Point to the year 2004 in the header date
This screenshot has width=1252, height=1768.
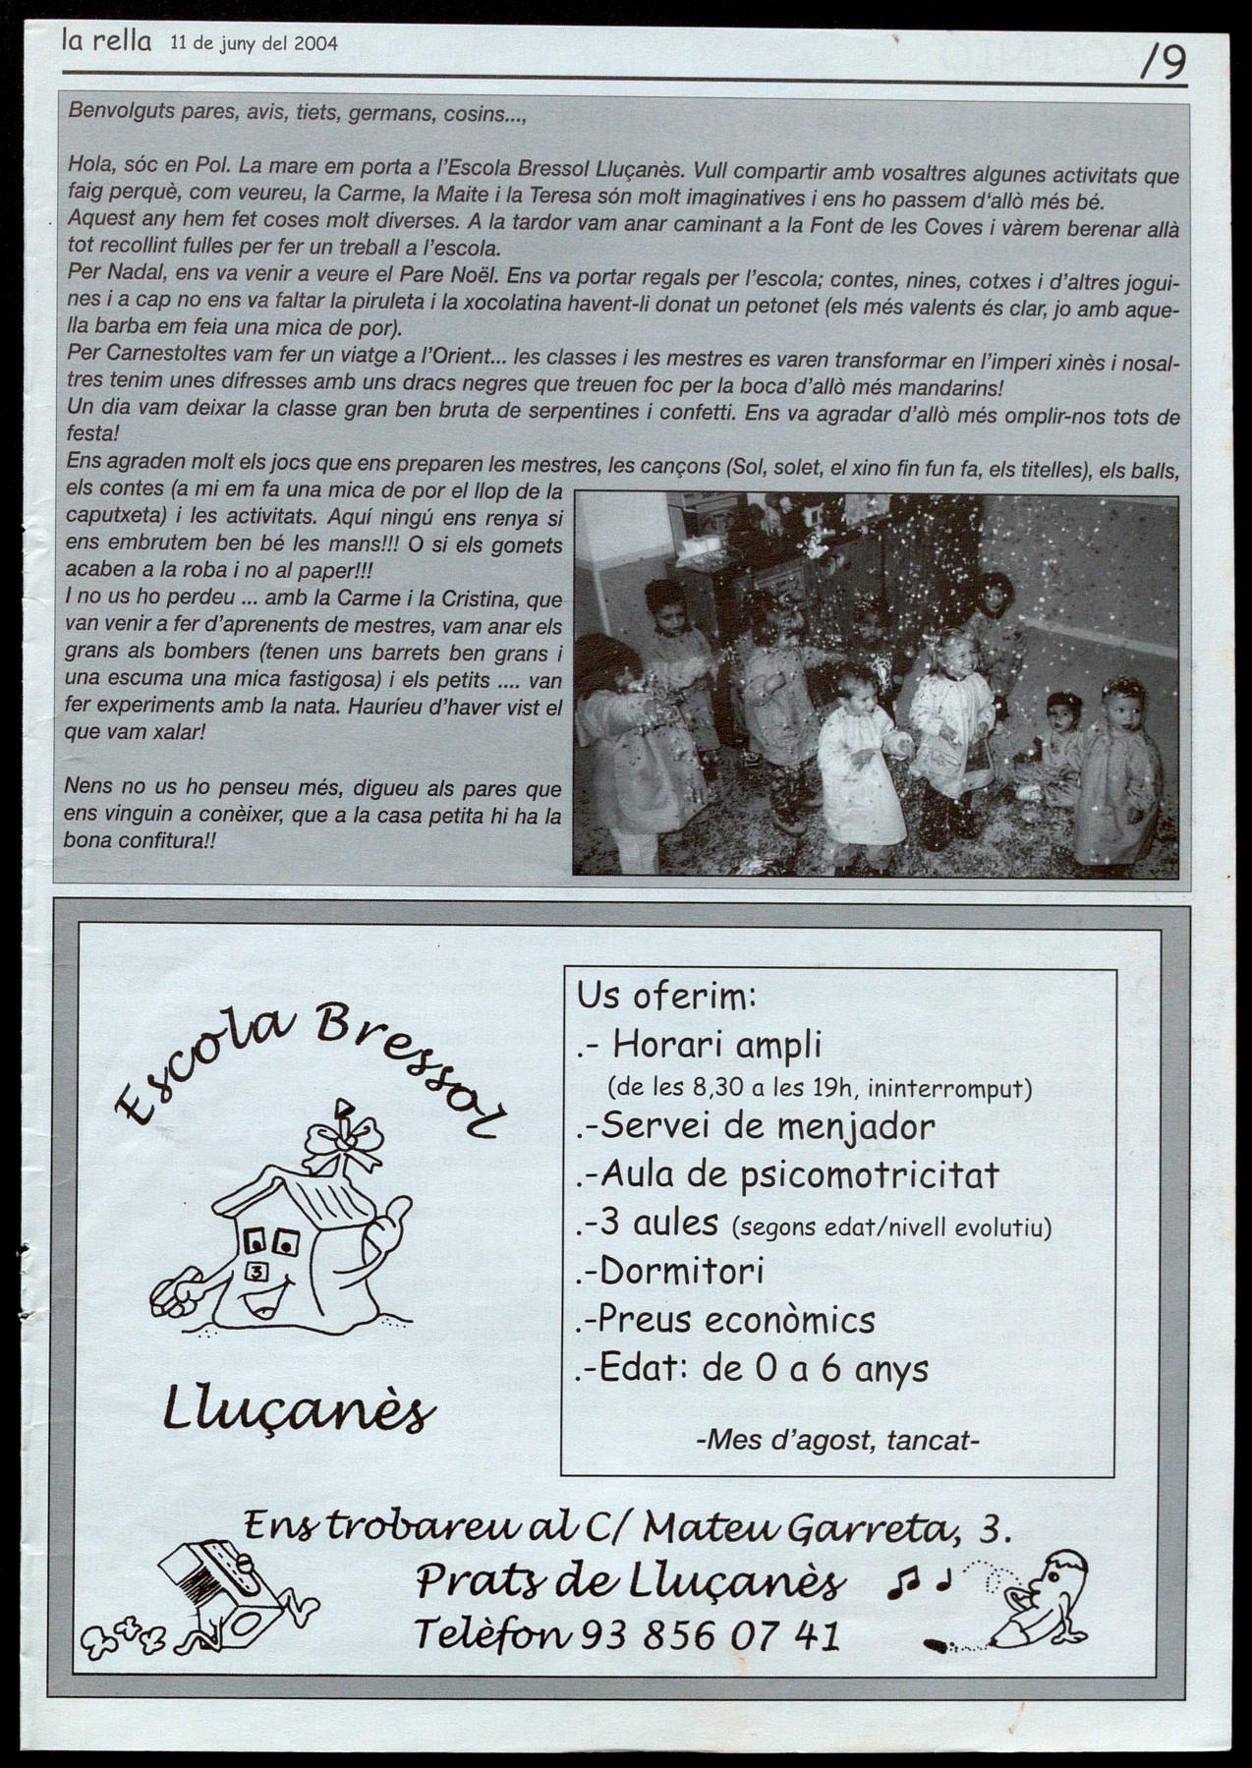click(x=315, y=43)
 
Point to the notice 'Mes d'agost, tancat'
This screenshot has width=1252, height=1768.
click(x=837, y=1441)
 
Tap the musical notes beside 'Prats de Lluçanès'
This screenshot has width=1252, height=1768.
click(x=920, y=1581)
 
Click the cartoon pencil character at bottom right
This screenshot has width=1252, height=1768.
click(x=1041, y=1603)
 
